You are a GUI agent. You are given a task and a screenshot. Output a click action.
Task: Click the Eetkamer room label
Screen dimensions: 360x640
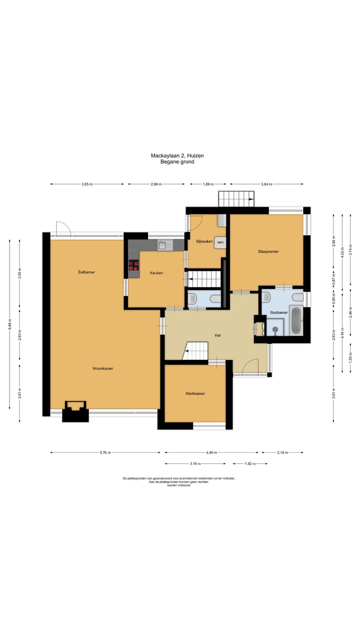point(86,272)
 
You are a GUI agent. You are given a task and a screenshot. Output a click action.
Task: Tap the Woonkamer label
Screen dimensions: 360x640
point(103,368)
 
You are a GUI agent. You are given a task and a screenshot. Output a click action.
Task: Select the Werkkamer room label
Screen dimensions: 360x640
point(195,393)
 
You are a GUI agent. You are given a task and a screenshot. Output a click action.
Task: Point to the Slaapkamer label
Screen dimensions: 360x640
point(268,251)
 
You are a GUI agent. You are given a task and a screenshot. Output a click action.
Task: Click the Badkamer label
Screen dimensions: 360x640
point(279,312)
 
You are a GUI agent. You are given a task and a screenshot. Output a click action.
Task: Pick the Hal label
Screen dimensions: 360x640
point(217,335)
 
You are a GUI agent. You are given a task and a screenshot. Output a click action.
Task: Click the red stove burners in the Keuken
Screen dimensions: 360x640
point(133,265)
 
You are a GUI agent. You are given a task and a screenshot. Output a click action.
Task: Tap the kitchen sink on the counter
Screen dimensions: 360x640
point(165,245)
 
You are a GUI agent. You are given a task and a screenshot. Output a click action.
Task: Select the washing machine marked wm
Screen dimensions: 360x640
point(220,242)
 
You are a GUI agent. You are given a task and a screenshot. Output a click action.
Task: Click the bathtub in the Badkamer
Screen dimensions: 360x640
point(296,320)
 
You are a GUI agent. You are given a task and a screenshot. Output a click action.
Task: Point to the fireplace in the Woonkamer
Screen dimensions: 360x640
point(75,411)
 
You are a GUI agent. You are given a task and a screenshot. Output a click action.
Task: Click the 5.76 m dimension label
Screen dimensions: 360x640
point(105,452)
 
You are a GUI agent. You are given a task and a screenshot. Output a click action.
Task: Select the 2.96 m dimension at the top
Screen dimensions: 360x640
point(156,184)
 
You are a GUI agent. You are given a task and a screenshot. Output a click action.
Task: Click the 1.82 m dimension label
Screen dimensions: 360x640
point(250,463)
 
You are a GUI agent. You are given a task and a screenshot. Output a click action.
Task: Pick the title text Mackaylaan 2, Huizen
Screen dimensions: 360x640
point(177,155)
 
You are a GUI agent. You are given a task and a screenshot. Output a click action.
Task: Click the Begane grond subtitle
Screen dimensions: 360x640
point(177,161)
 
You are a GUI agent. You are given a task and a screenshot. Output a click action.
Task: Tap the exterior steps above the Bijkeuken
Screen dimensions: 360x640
point(236,198)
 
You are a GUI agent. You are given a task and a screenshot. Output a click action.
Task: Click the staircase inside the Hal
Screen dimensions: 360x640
point(195,350)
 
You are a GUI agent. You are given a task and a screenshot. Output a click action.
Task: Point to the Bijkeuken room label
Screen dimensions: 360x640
point(204,241)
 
